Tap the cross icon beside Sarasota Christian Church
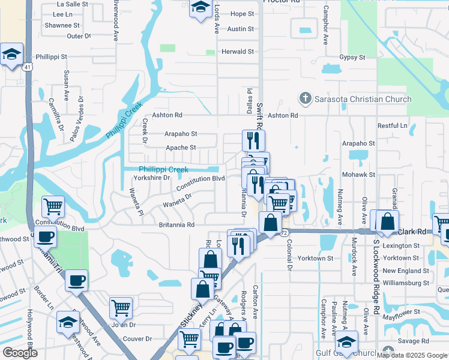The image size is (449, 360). [305, 98]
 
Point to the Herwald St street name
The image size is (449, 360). [238, 52]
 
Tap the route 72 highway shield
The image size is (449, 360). [285, 232]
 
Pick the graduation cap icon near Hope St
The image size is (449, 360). [199, 8]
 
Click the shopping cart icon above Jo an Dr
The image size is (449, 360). [121, 308]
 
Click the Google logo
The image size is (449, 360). [20, 353]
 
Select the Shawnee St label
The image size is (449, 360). [62, 25]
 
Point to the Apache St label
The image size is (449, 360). [181, 148]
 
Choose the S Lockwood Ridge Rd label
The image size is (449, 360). [376, 270]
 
